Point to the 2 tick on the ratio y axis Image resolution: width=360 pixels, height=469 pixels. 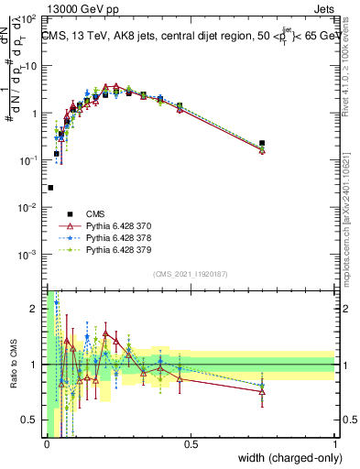coord(37,309)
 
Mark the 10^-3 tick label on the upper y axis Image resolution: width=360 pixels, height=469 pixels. coord(28,255)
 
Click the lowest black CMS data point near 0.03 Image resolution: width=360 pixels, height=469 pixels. coord(50,187)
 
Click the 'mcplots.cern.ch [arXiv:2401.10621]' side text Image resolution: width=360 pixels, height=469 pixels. coord(352,220)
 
